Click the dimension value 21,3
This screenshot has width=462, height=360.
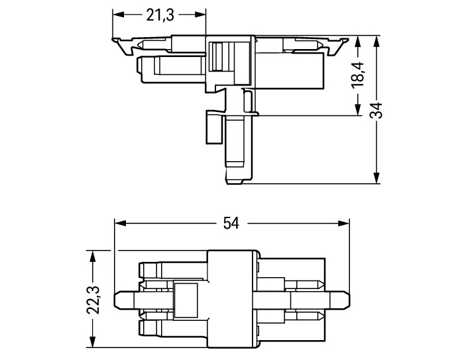tap(160, 15)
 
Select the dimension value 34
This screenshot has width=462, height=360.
tap(376, 110)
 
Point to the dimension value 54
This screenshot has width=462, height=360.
tap(231, 223)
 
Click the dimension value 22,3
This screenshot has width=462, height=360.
tap(93, 300)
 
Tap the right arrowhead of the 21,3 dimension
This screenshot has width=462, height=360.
tap(200, 15)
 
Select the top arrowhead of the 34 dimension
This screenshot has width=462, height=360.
tap(376, 42)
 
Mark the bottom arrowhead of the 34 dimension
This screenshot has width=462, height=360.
tap(376, 178)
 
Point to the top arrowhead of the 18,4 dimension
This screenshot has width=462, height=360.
tap(358, 42)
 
